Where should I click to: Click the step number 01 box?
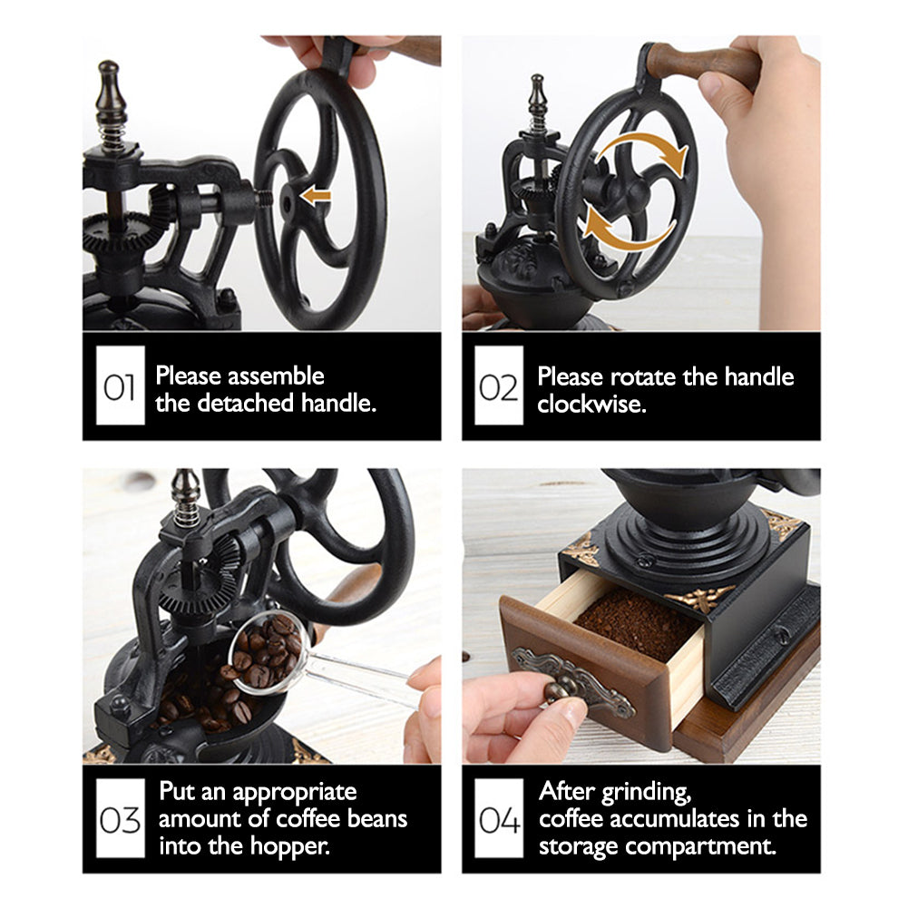coord(120,386)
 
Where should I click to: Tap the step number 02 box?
coord(499,386)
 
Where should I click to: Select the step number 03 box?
coord(120,817)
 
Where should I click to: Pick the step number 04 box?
coord(499,817)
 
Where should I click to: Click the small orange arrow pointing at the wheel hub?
coord(316,196)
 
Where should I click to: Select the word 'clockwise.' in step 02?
coord(591,404)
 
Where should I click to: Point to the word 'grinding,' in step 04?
coord(646,793)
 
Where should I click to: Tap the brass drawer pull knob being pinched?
coord(557,691)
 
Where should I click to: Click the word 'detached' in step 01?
coord(246,403)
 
